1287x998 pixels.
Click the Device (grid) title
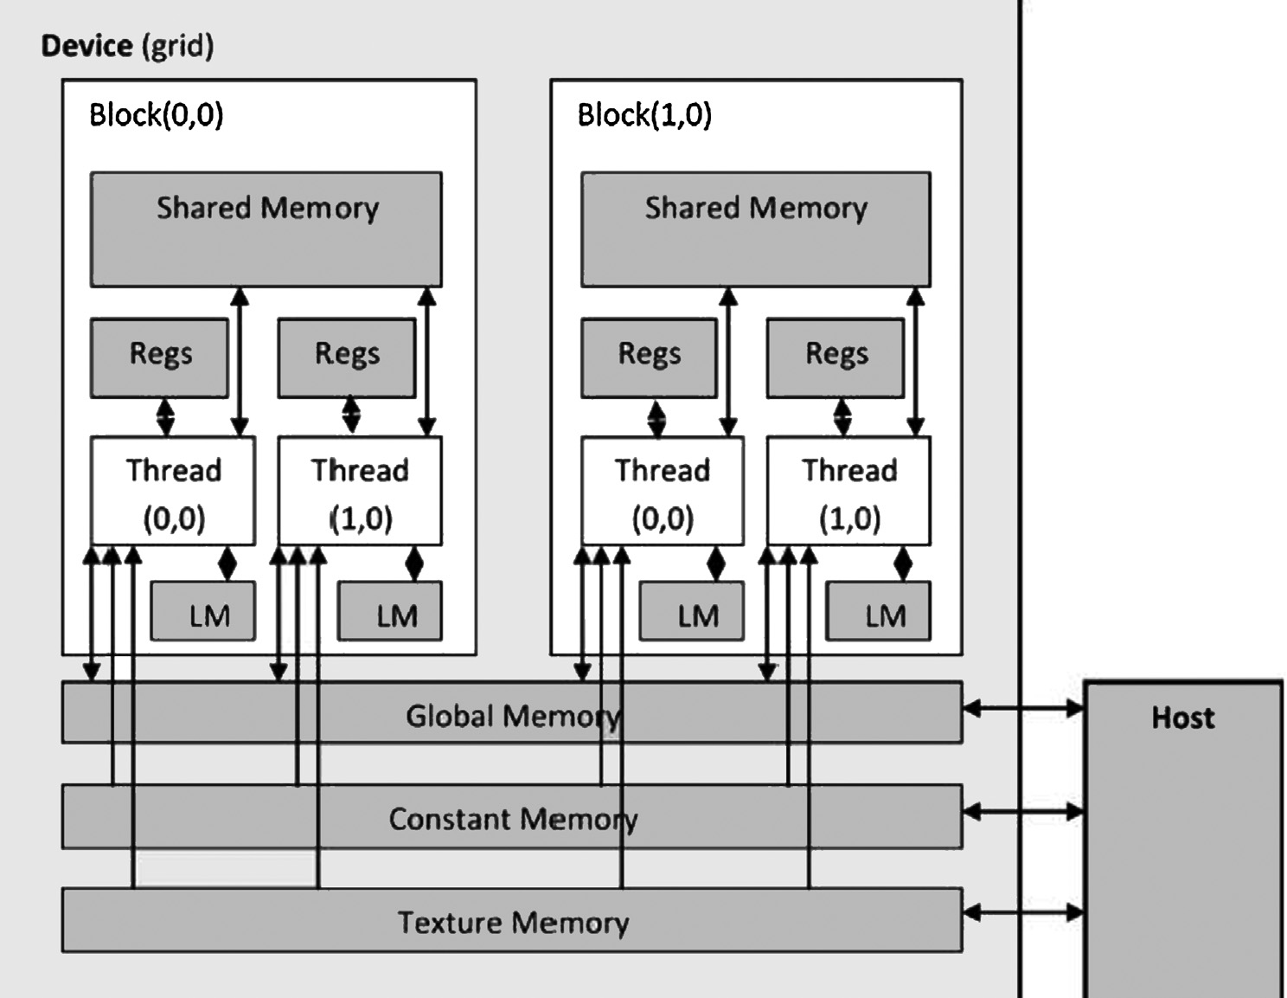point(127,45)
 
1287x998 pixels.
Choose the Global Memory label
point(513,716)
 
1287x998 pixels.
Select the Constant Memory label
point(513,819)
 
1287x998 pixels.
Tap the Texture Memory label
point(513,923)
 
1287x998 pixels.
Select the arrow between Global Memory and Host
point(1023,709)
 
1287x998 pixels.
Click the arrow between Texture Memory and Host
point(1023,912)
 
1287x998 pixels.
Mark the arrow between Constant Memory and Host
point(1023,812)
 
